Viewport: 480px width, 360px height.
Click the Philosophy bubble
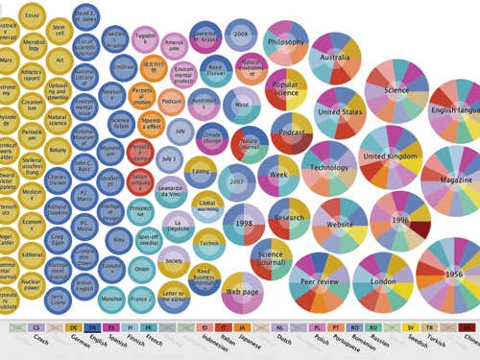pos(286,42)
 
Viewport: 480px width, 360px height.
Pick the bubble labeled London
pos(384,280)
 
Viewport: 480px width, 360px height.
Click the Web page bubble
pos(241,290)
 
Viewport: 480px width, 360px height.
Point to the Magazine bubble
pos(456,180)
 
